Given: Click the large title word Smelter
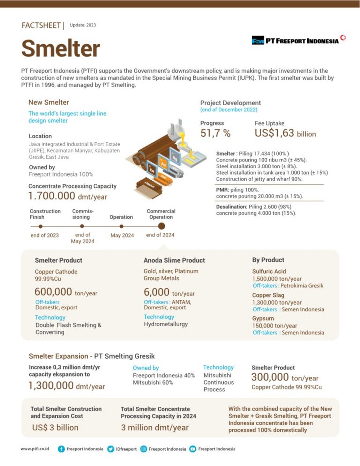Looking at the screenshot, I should tap(60, 49).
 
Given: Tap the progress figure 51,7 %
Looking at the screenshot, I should tap(215, 133).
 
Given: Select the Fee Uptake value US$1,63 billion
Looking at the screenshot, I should tap(285, 133).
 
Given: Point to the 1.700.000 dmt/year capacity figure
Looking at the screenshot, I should tap(67, 196).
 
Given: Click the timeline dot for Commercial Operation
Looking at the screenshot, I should tap(161, 226).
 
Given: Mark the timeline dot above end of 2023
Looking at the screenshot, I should tap(41, 226).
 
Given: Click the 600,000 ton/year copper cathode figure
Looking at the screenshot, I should tap(66, 293).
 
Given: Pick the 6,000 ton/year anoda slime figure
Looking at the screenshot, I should tap(169, 293).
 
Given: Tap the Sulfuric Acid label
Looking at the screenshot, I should tap(269, 271).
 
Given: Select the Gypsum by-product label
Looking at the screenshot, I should tap(262, 318).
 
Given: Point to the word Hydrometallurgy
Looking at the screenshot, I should tap(165, 324).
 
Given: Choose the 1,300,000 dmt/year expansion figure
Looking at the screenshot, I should tap(67, 386).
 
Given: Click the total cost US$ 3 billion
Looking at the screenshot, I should tap(55, 428).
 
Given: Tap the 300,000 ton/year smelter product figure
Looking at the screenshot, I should tap(285, 377).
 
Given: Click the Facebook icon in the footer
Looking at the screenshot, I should tap(61, 449).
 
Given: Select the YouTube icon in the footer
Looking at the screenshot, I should tap(192, 449).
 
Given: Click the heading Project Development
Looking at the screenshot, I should tap(230, 103).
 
